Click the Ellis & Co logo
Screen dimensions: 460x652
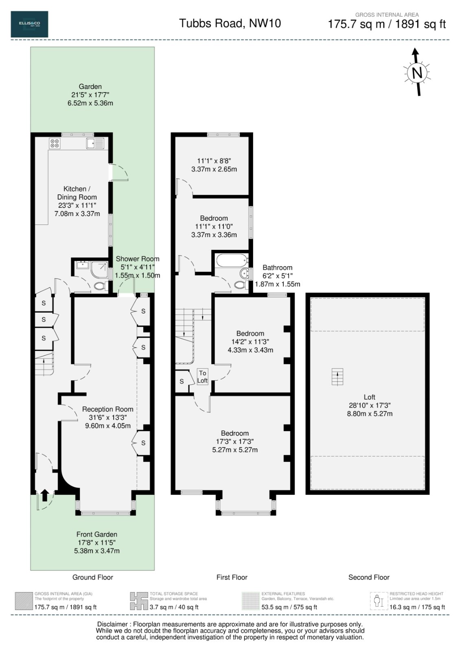coord(29,24)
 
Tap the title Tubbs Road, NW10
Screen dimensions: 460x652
coord(230,23)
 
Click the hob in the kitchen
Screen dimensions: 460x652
coord(55,143)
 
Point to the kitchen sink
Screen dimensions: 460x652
coord(95,143)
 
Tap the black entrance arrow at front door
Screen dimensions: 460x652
coord(45,495)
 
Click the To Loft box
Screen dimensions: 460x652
coord(202,377)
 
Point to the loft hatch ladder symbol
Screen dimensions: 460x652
coord(337,377)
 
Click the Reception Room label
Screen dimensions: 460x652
coord(107,410)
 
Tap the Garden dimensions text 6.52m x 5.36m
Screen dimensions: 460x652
coord(90,103)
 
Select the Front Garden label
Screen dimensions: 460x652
coord(96,534)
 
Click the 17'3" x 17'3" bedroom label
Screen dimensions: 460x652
coord(235,442)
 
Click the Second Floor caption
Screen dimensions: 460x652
coord(369,577)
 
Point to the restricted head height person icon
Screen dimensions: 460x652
coord(378,601)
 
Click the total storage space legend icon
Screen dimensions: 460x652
coord(138,601)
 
